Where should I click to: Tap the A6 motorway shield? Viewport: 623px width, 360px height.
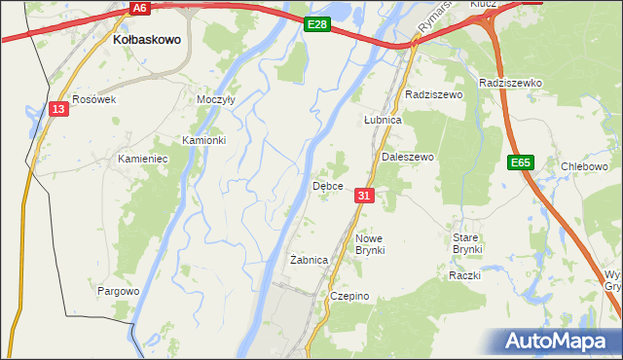[141, 8]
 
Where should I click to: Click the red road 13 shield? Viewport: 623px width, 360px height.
[59, 110]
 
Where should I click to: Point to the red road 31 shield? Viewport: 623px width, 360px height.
[364, 196]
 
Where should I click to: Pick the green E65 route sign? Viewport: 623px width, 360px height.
[520, 163]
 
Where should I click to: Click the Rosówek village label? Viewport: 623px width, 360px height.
[94, 99]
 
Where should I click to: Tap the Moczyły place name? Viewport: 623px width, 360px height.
[215, 100]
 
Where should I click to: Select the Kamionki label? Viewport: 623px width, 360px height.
[203, 140]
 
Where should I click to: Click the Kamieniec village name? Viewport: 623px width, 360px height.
[143, 158]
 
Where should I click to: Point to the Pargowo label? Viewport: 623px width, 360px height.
[119, 291]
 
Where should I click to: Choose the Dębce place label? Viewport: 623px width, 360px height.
[326, 186]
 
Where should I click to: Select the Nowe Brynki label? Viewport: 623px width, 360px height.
[370, 244]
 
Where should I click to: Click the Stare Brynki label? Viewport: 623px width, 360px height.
[467, 243]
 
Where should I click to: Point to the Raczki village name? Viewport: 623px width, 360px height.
[465, 275]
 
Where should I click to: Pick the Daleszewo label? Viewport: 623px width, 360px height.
[407, 157]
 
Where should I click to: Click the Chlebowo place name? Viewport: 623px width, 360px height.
[584, 166]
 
